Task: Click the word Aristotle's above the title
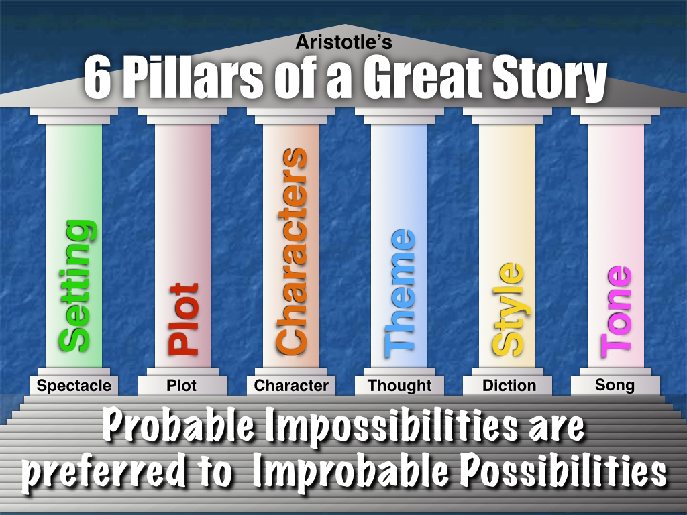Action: (x=344, y=42)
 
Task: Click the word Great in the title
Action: (x=423, y=77)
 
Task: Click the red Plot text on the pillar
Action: (x=184, y=319)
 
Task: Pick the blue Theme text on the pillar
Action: (x=400, y=292)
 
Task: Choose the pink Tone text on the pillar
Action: (x=617, y=311)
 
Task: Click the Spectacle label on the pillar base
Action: (x=74, y=386)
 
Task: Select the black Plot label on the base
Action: (x=181, y=385)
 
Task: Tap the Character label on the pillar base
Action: (x=291, y=386)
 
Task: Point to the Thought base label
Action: (x=400, y=386)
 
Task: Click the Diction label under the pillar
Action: (x=509, y=386)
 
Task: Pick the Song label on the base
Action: (x=615, y=386)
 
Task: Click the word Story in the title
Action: (x=549, y=80)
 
